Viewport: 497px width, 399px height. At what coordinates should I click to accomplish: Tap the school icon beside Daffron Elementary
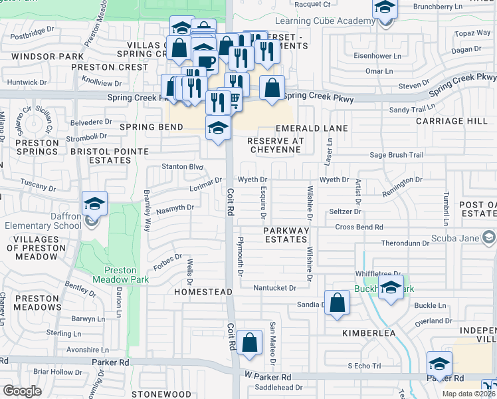coord(94,204)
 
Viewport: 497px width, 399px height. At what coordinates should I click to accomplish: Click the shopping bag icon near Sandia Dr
coord(338,302)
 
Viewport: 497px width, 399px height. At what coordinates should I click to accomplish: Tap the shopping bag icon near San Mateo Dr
coord(249,343)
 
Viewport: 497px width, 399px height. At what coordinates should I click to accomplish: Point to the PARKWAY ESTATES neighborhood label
coord(286,235)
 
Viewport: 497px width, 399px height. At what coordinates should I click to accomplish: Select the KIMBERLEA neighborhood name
coord(369,332)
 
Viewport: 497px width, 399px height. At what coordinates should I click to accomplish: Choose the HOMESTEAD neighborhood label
coord(203,292)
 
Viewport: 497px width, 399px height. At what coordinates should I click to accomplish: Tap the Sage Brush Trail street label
coord(397,155)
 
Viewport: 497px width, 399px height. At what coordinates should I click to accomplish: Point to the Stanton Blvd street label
coord(182,166)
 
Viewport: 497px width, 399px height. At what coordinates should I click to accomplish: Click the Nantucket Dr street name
coord(274,288)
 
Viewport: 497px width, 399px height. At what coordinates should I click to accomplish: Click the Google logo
coord(22,391)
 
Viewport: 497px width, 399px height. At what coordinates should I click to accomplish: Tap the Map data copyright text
coord(469,394)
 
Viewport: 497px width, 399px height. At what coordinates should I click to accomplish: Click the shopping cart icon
coord(232,99)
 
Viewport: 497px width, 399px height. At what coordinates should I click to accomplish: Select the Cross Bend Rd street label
coord(359,227)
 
